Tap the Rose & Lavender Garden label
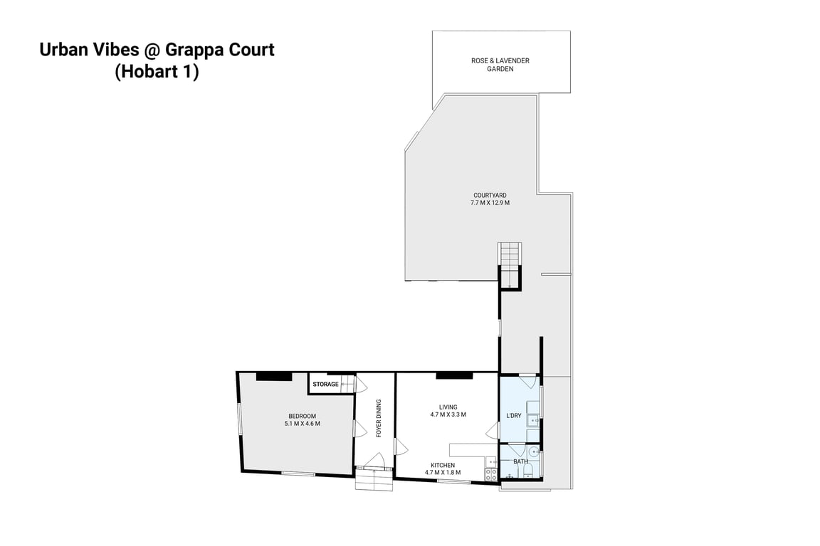pos(500,65)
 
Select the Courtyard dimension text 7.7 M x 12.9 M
pos(490,203)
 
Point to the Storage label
pos(325,385)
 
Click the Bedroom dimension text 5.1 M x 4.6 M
pos(302,424)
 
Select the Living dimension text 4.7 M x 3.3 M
pos(448,415)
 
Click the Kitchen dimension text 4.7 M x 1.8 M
pos(443,472)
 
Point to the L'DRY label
pos(513,415)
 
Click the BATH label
pos(521,461)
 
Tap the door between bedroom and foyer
pos(359,429)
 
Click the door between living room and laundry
pos(492,430)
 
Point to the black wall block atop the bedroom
pos(274,376)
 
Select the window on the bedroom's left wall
pos(240,418)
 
